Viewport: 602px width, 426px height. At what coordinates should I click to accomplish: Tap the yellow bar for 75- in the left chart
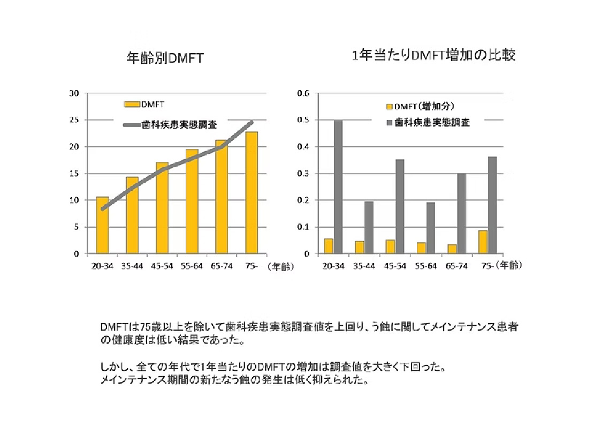(251, 193)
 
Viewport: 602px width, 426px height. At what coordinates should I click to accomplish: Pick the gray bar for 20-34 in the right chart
(338, 187)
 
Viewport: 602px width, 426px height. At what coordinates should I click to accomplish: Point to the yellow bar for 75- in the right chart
(483, 242)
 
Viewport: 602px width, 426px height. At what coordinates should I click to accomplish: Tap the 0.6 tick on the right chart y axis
(303, 93)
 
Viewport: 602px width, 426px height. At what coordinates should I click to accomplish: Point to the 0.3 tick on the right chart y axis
(303, 174)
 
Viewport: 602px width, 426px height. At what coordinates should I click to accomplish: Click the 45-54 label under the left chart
(162, 266)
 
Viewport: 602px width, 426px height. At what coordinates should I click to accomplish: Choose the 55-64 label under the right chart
(425, 266)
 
